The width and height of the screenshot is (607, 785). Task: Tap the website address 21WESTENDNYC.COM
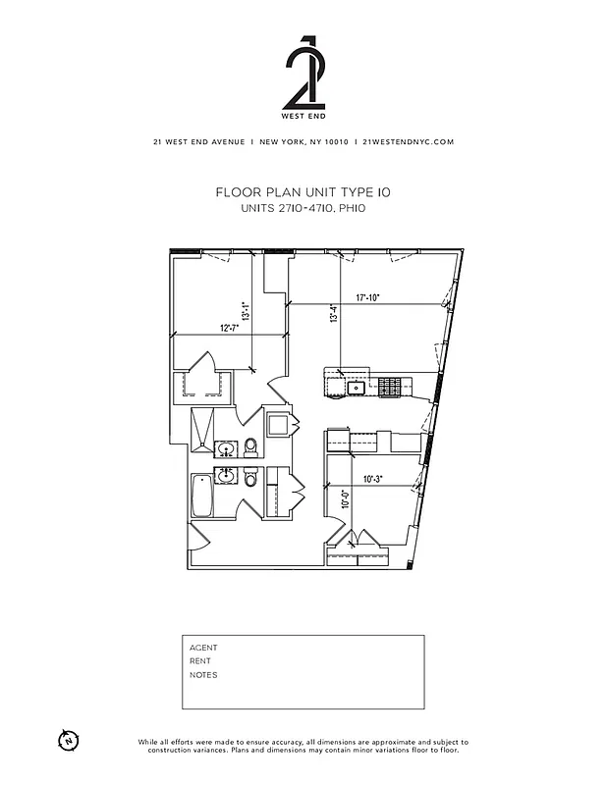point(408,141)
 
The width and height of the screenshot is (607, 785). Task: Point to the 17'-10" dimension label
point(367,296)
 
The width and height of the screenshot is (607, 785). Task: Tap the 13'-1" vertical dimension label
point(257,310)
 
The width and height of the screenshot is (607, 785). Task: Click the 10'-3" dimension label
point(372,480)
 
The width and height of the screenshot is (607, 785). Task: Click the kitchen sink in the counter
point(358,388)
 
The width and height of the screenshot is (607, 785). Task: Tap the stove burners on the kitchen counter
point(389,388)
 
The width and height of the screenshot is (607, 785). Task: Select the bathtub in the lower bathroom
point(202,496)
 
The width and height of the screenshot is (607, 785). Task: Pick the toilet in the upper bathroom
point(250,447)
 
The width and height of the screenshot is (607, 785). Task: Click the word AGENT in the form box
point(203,648)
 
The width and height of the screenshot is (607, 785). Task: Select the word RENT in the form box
point(200,661)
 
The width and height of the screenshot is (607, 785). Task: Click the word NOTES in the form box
point(203,675)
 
